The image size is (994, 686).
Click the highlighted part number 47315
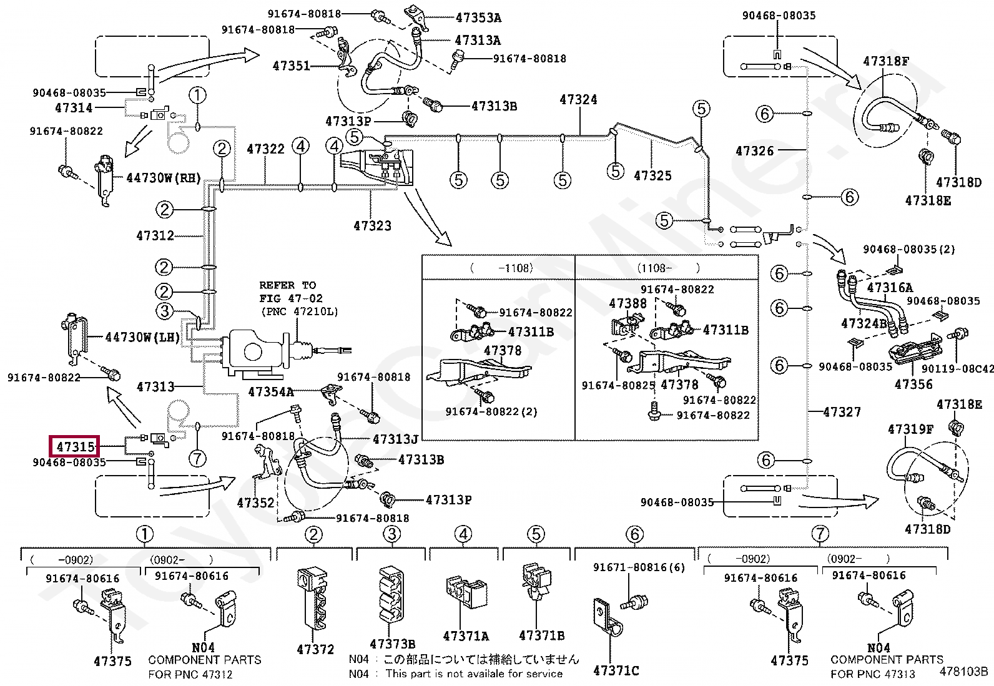click(75, 446)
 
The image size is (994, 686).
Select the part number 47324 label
click(578, 99)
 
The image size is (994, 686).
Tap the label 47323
click(372, 225)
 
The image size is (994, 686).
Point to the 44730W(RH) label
click(164, 178)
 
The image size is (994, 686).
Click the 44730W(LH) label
click(142, 338)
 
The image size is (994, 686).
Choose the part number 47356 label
click(913, 384)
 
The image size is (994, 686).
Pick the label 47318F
click(886, 61)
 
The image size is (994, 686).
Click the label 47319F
click(910, 429)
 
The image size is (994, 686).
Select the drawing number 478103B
click(964, 672)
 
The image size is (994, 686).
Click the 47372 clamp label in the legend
click(315, 649)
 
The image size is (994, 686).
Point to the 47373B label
click(393, 644)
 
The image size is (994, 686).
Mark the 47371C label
click(616, 670)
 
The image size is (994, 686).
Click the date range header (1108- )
click(667, 268)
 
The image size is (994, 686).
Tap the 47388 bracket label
click(627, 303)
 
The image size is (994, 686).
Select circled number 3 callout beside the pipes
click(164, 311)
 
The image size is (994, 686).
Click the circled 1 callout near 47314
click(197, 96)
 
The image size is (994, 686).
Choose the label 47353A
click(478, 18)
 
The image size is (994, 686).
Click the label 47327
click(842, 412)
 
